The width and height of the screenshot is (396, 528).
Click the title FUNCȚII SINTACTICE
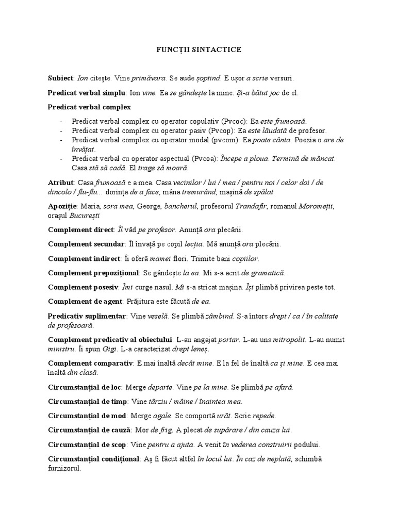tap(199, 50)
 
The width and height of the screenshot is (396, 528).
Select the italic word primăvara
tap(148, 78)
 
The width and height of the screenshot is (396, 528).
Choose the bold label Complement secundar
tap(86, 244)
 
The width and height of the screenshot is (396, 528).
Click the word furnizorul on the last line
tap(64, 469)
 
